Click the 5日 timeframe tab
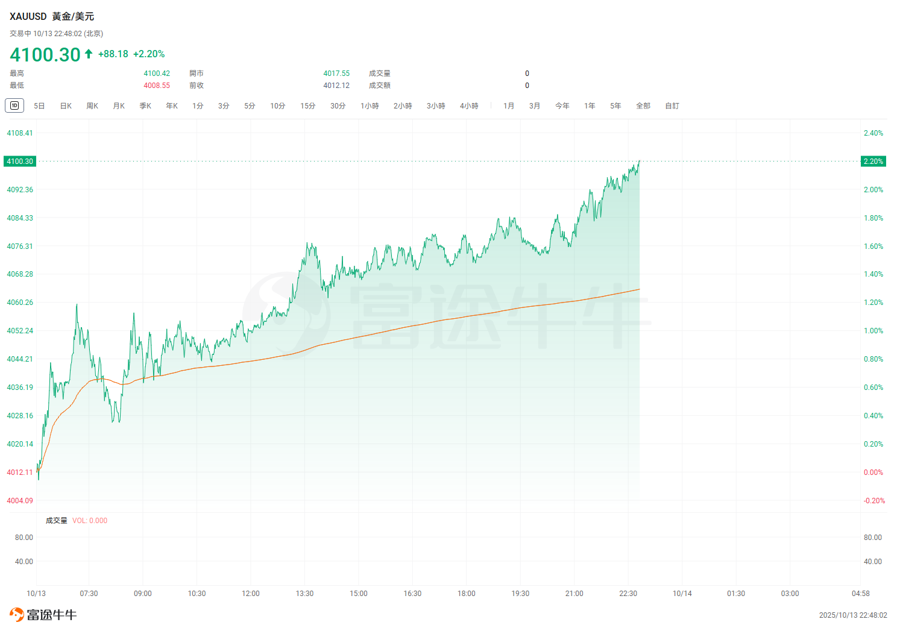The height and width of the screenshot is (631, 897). tap(39, 106)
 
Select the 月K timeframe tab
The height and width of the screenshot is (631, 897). tap(119, 106)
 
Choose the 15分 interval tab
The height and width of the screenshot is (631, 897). tap(307, 106)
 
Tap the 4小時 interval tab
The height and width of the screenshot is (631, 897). tap(469, 106)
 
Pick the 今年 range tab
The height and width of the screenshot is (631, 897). tap(562, 106)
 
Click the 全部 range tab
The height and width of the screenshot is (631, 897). tap(643, 106)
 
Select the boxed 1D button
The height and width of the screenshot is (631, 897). tap(14, 106)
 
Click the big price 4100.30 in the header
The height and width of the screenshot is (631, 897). tap(45, 55)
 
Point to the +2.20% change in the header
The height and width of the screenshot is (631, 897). tap(149, 54)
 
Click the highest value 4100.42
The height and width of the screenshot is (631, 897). tap(157, 74)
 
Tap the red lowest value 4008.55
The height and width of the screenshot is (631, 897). tap(157, 86)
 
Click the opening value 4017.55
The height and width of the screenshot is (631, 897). tap(336, 74)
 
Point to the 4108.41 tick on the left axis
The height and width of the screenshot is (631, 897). tap(20, 133)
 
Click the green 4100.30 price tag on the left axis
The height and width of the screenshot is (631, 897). tap(20, 162)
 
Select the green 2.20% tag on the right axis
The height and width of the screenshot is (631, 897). tap(873, 162)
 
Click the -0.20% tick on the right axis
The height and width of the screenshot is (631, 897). tap(874, 501)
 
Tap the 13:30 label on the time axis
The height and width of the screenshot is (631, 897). tap(304, 594)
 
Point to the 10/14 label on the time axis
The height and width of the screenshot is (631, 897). tap(682, 594)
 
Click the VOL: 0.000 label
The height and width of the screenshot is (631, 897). tap(90, 521)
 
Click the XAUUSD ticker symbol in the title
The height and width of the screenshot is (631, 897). tap(28, 17)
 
